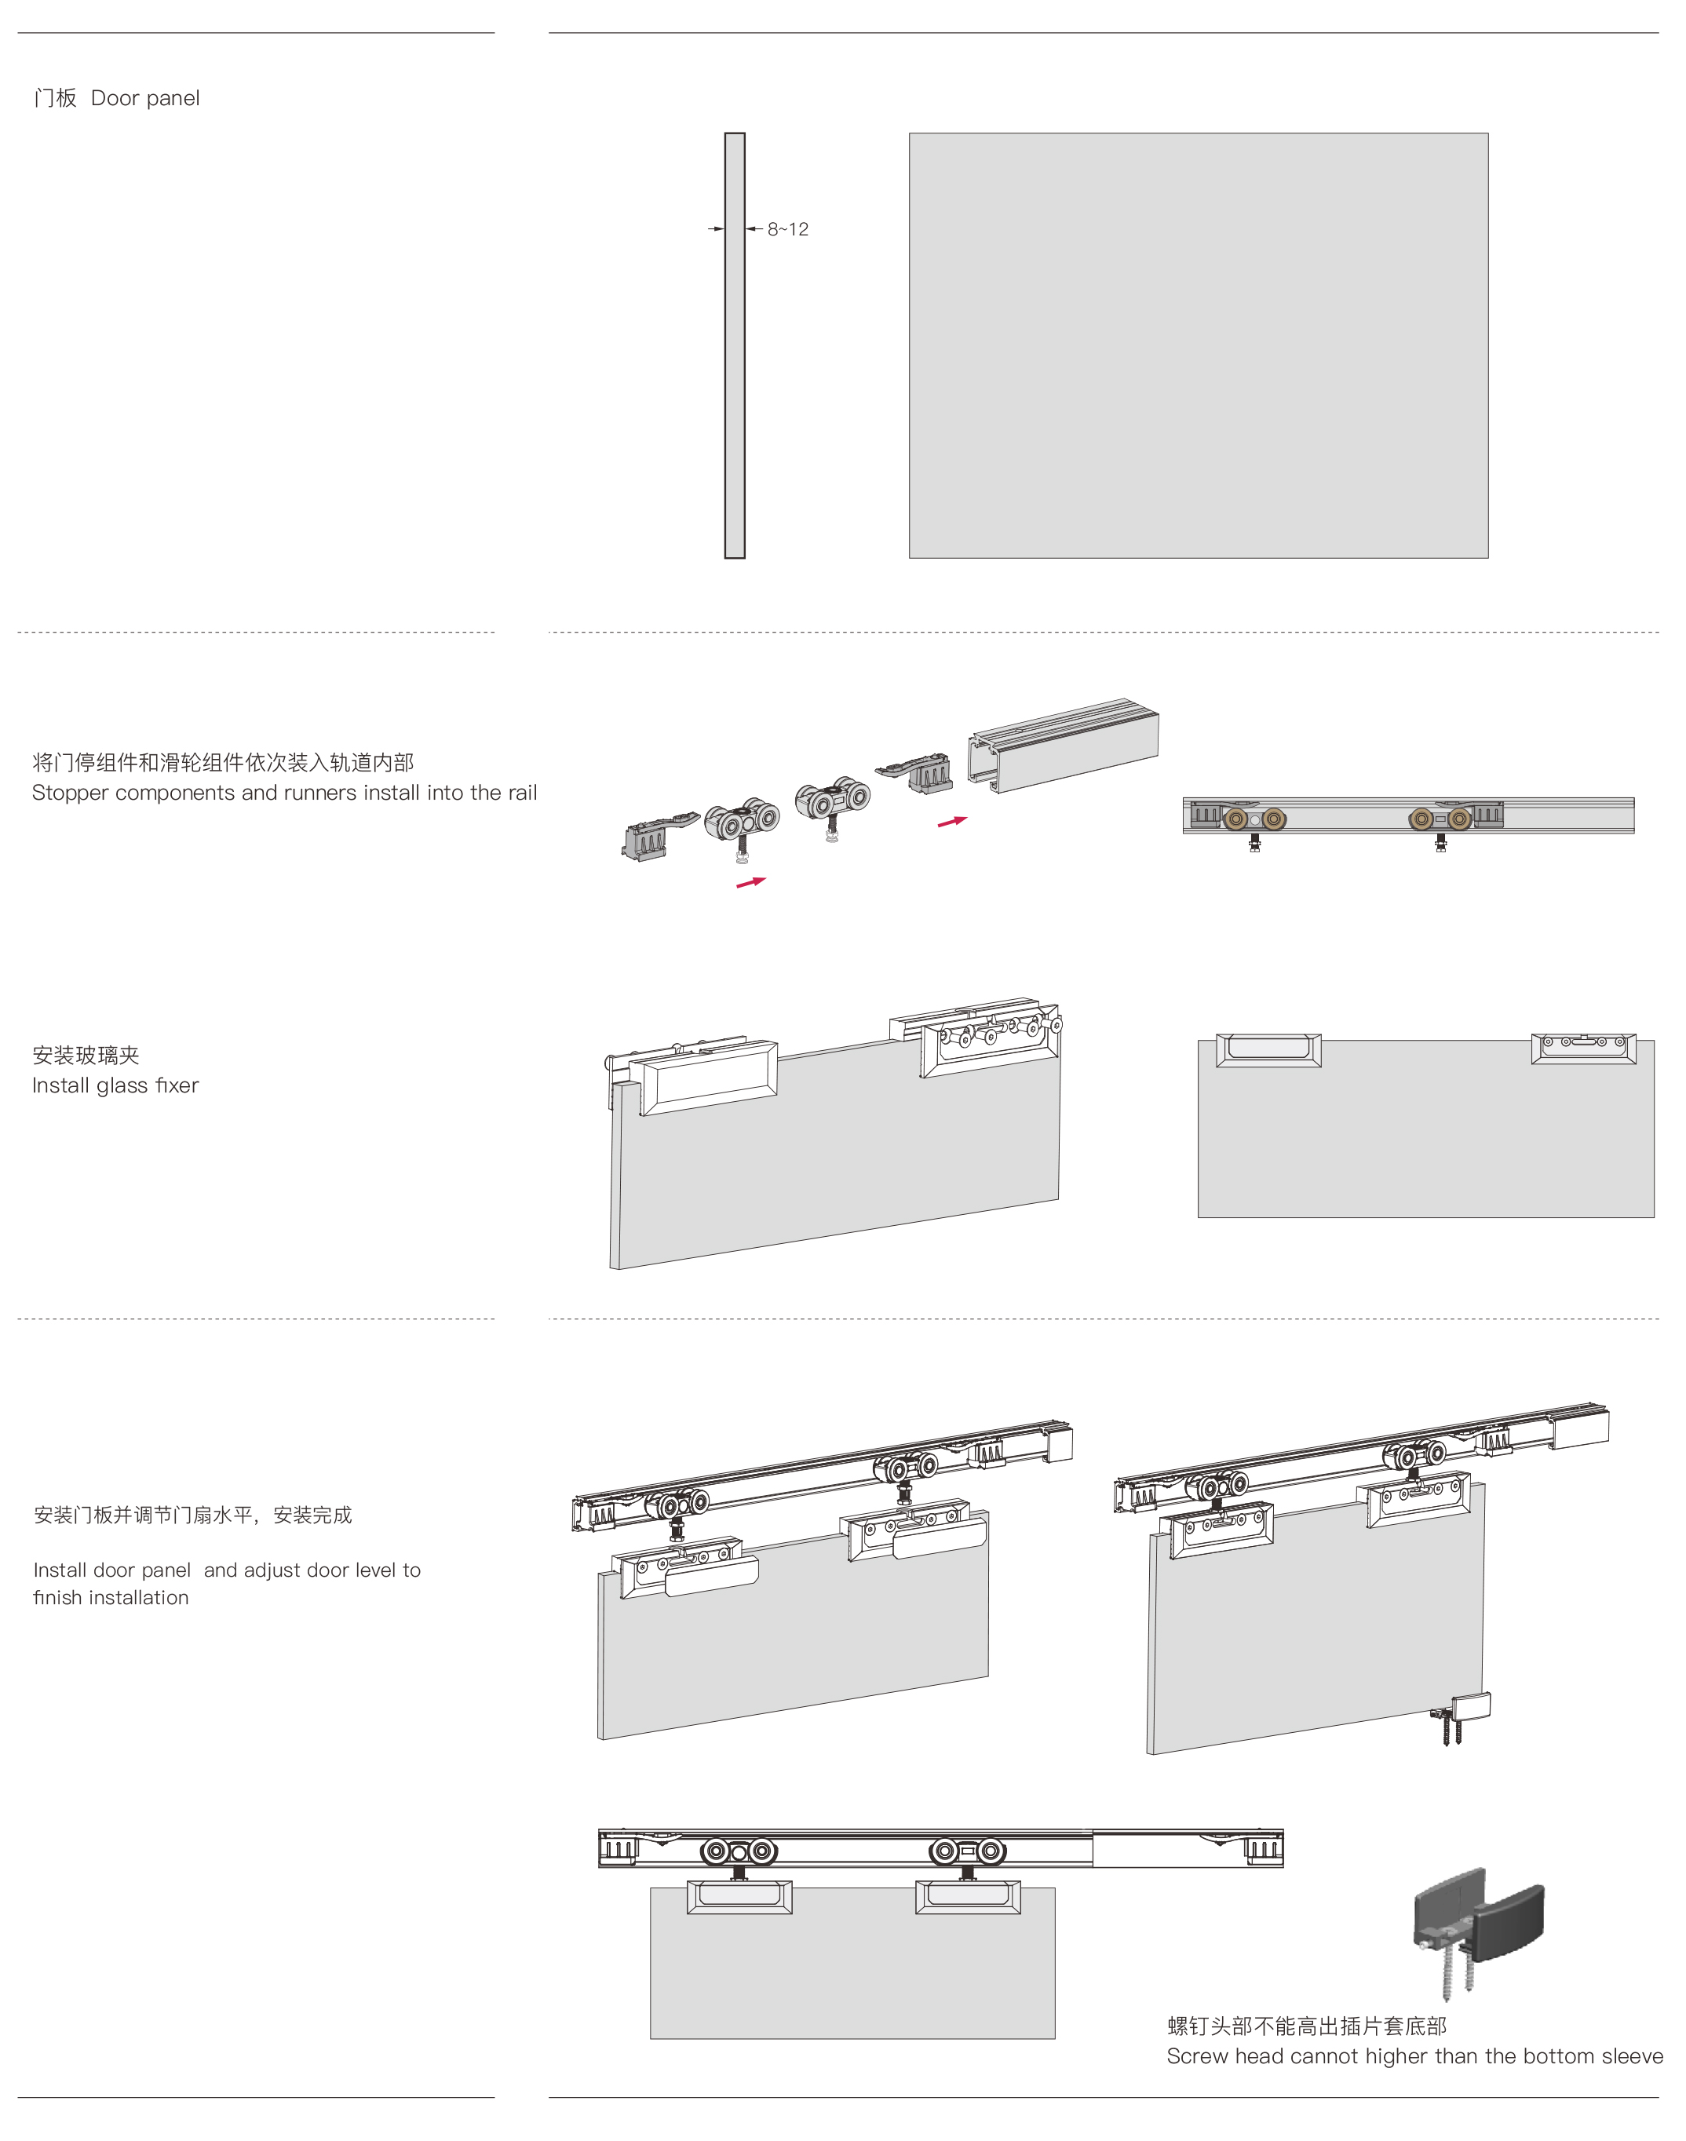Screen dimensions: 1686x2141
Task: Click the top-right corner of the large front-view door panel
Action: [1487, 134]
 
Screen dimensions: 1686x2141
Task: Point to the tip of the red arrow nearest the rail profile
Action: [967, 817]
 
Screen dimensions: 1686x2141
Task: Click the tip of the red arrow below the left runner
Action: [766, 877]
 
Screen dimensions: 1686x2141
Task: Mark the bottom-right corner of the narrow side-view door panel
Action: [744, 558]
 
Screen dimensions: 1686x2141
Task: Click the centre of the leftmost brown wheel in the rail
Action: [1234, 819]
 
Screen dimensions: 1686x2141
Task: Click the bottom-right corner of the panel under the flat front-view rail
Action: [1054, 2037]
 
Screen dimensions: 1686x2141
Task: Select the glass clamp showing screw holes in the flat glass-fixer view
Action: [1583, 1049]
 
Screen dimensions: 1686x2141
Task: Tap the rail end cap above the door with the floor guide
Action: [1579, 1428]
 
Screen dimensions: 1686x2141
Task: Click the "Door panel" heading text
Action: [145, 98]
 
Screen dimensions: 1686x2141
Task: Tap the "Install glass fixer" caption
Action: [115, 1085]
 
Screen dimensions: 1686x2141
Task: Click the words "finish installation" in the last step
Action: [111, 1597]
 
